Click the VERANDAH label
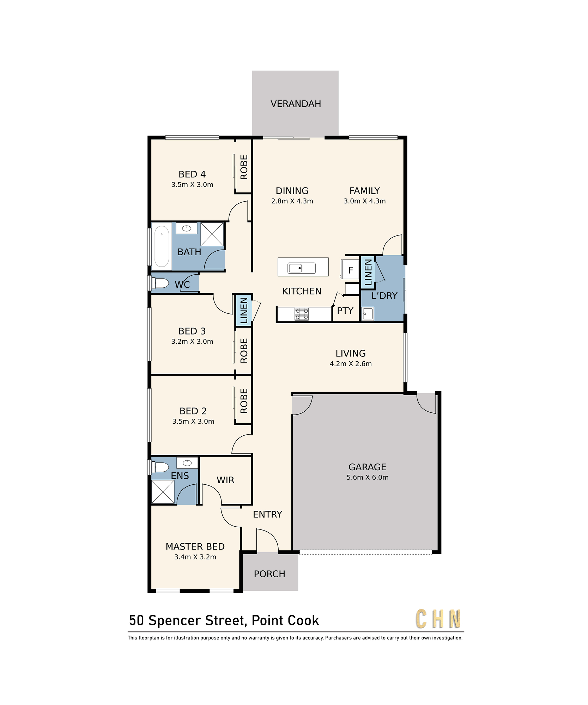point(296,104)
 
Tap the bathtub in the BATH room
point(162,246)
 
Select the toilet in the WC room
point(160,283)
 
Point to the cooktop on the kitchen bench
point(302,314)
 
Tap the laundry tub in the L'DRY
point(368,314)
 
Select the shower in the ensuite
point(163,491)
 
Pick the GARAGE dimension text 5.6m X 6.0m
point(367,477)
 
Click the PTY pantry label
point(345,311)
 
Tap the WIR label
point(225,480)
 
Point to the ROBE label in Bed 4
point(244,167)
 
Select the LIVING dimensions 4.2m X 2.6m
point(351,364)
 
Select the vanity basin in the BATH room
point(187,228)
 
